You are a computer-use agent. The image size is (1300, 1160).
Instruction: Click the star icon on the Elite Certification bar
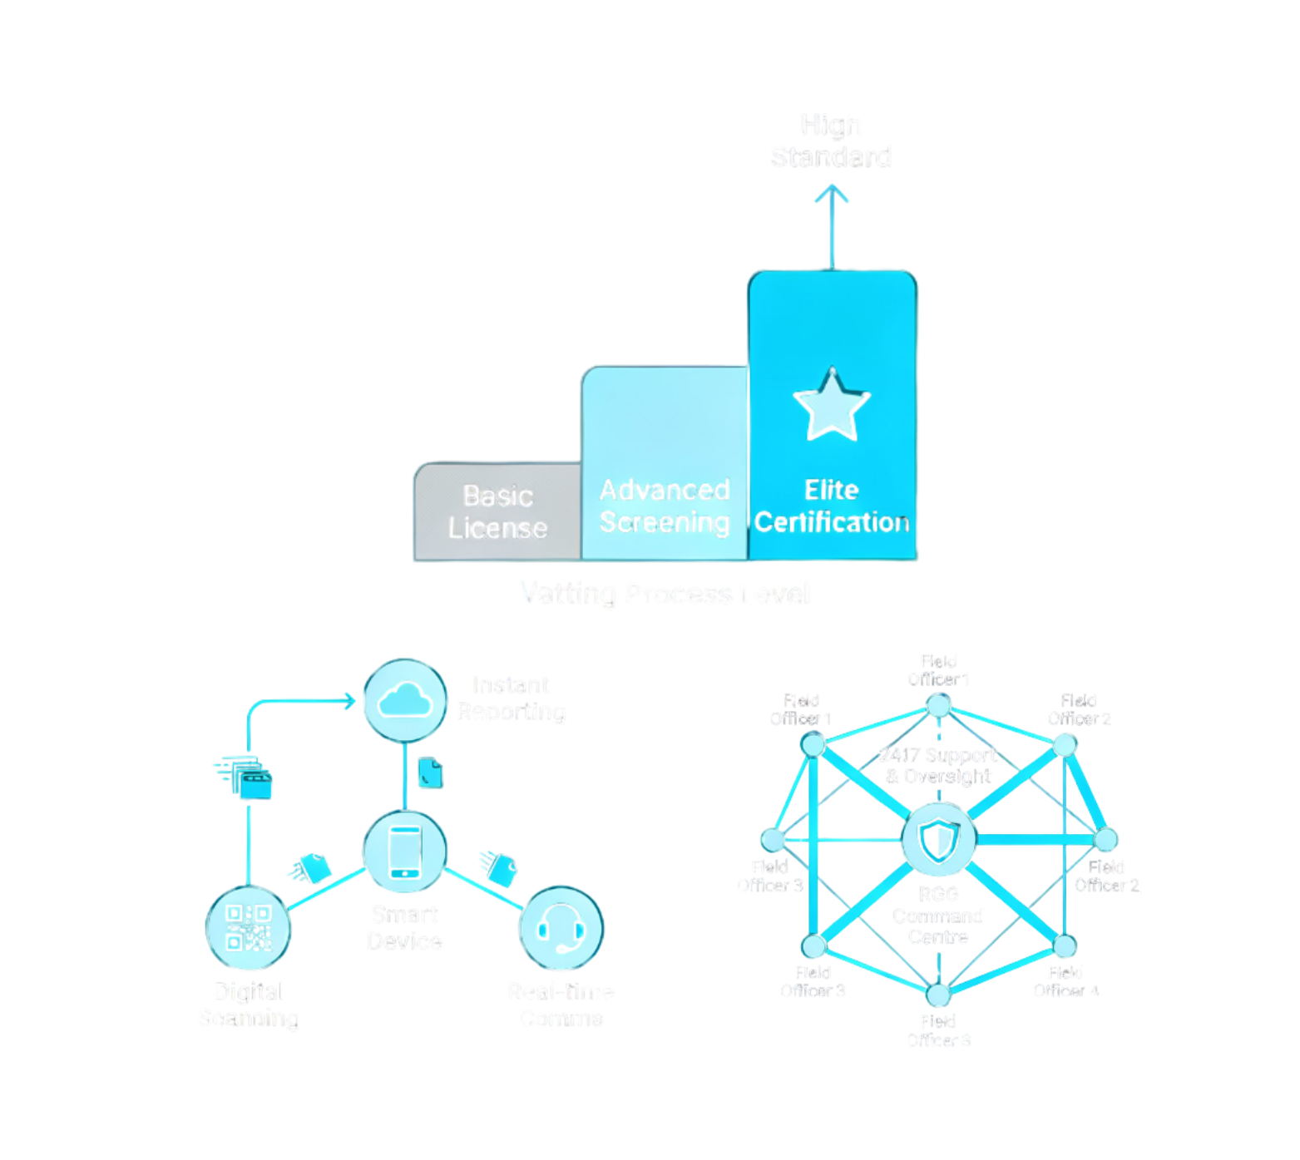point(832,404)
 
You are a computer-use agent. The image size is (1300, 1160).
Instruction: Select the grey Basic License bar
point(497,511)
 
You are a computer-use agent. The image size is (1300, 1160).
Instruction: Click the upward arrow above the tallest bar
point(832,225)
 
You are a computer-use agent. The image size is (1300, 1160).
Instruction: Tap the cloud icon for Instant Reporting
point(405,700)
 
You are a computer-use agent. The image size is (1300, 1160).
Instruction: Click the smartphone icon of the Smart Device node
point(405,851)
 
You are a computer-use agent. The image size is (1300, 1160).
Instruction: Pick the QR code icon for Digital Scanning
point(249,928)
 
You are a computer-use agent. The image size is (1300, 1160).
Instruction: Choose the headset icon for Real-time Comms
point(561,928)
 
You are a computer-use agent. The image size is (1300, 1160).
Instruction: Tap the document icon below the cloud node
point(430,773)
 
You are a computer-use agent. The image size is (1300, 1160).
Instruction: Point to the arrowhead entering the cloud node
point(350,701)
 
